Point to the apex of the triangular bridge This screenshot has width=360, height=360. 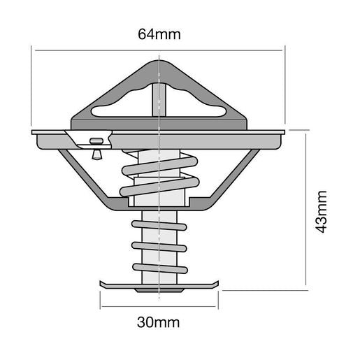point(160,64)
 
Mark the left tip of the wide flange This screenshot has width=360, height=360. point(34,131)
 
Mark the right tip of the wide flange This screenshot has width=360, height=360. point(284,131)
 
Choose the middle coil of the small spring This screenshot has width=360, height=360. point(159,247)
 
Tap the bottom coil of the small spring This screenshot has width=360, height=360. point(159,268)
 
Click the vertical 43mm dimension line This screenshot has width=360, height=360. point(305,210)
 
